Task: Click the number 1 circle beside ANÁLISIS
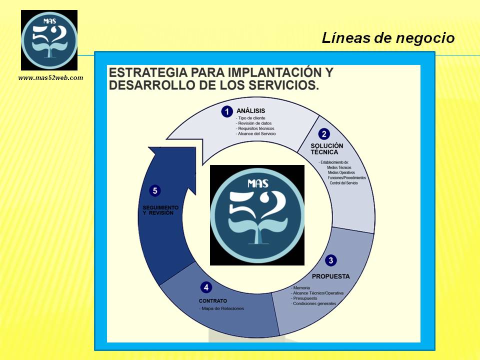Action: tap(227, 111)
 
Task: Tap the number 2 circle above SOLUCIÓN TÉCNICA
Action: tap(324, 134)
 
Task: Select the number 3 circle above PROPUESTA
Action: tap(331, 260)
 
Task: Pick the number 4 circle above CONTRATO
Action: tap(206, 287)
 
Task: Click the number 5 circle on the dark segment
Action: tap(155, 190)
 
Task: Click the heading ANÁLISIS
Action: tap(250, 111)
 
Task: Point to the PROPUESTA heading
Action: tap(330, 276)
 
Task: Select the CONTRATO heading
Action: tap(213, 301)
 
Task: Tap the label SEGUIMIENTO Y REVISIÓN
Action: tap(160, 210)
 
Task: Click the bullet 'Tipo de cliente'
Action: tap(250, 118)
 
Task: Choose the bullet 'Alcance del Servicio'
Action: tap(256, 134)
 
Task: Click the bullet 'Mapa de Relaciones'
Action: tap(221, 308)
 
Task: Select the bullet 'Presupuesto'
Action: tap(304, 298)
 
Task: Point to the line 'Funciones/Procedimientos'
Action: tap(347, 178)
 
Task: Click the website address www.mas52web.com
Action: tap(51, 78)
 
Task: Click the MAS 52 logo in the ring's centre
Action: tap(257, 215)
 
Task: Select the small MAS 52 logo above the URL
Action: tap(49, 40)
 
